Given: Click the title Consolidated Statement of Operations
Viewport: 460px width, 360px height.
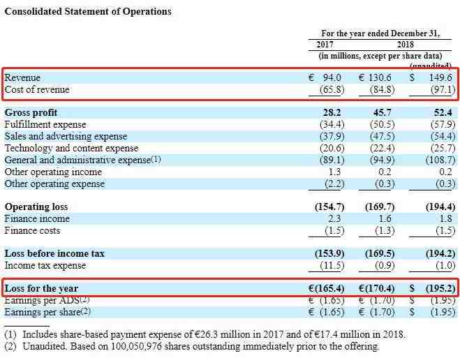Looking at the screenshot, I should click(x=88, y=12).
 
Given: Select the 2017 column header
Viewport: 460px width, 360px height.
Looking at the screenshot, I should click(x=325, y=44).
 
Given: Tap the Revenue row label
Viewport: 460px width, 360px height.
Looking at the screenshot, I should click(x=23, y=77).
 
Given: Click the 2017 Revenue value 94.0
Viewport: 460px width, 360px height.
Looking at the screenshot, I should click(x=332, y=77).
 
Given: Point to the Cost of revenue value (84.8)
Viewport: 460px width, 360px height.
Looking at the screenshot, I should click(x=380, y=89).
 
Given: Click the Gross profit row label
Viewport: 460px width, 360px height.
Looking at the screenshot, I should click(x=31, y=112).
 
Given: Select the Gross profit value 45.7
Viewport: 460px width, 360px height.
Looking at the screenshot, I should click(x=383, y=112).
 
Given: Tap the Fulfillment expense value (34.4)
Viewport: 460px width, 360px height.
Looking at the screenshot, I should click(x=332, y=124).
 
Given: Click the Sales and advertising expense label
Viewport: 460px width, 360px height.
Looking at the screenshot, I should click(x=66, y=136).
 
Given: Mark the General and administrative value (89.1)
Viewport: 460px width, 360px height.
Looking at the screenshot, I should click(x=332, y=160).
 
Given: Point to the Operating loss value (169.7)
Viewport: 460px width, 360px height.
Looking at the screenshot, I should click(x=380, y=207).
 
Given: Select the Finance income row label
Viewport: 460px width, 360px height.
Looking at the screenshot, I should click(x=38, y=219).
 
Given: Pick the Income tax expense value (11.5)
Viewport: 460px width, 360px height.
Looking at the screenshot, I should click(x=332, y=265).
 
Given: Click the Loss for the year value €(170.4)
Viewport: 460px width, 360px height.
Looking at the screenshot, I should click(x=376, y=287).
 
